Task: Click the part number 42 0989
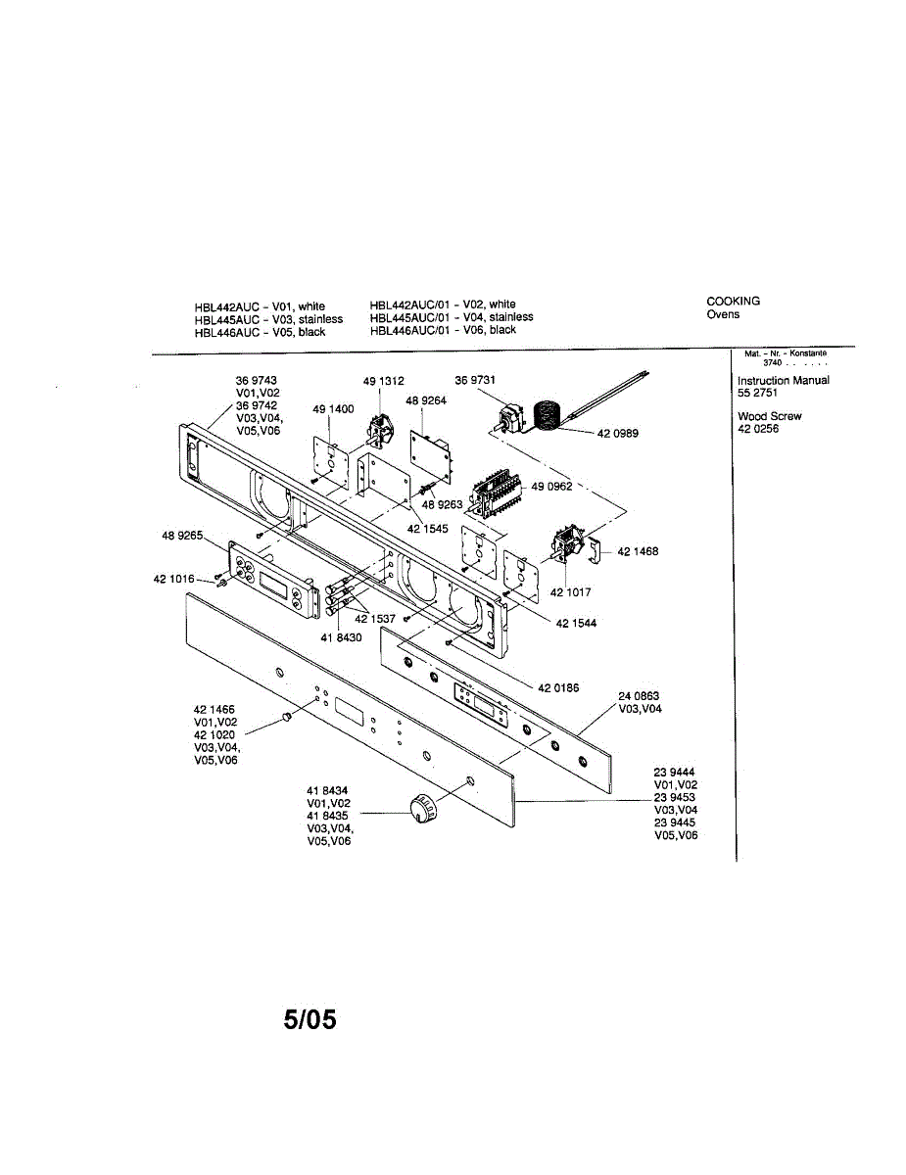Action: [618, 433]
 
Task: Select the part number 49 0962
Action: [552, 487]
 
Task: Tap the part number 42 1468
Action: [638, 551]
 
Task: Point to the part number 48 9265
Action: [182, 536]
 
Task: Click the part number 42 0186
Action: [557, 687]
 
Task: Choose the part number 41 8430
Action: [341, 637]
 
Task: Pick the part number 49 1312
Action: [384, 381]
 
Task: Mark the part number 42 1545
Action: [428, 528]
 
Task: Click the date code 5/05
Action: [310, 1020]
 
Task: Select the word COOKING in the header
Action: [733, 302]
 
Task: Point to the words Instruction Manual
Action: [783, 380]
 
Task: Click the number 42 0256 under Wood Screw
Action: [758, 429]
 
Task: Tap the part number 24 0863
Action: [639, 696]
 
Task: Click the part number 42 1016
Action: [173, 579]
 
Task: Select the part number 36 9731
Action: [475, 380]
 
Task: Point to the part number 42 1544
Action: [576, 623]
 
